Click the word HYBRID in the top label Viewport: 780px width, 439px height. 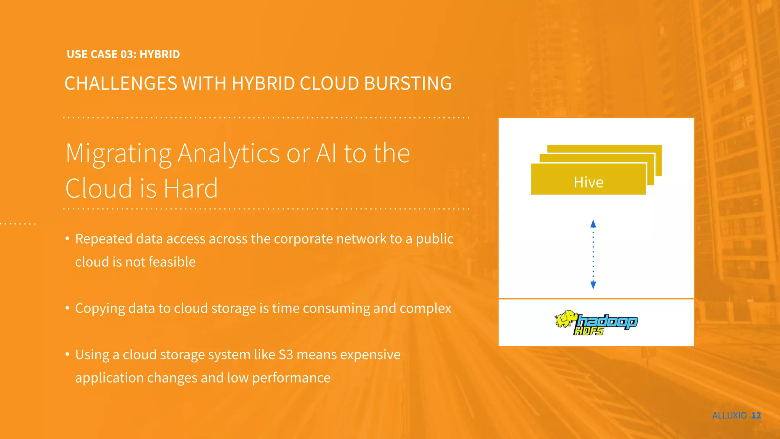[x=160, y=54]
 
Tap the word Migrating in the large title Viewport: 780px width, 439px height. [x=118, y=154]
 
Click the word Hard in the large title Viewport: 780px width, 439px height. [x=191, y=188]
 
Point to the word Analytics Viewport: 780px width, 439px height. [x=229, y=154]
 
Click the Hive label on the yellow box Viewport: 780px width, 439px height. [x=588, y=182]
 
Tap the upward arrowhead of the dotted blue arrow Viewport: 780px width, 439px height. [x=593, y=224]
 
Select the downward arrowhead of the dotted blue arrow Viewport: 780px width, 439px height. [x=593, y=285]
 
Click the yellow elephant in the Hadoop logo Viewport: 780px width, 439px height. [x=566, y=319]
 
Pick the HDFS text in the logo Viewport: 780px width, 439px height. [x=589, y=331]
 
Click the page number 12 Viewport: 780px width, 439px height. [x=756, y=415]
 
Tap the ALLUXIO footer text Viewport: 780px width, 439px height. [x=729, y=415]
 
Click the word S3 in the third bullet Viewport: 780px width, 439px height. [x=286, y=355]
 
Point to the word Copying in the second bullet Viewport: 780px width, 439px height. [x=100, y=308]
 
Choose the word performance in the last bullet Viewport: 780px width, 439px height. [x=291, y=378]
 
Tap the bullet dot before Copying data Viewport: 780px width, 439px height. [x=67, y=308]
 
